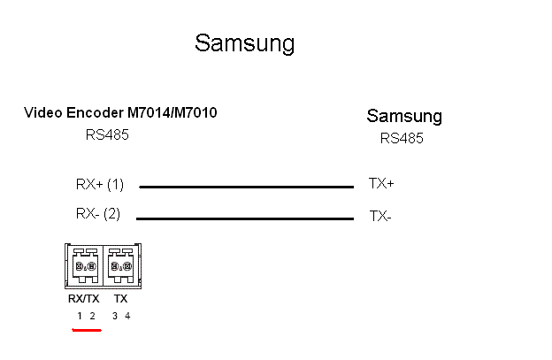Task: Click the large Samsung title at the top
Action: point(244,43)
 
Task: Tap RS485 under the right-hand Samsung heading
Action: point(402,138)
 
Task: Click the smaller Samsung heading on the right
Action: point(404,116)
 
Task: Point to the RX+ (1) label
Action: point(100,185)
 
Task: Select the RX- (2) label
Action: point(98,213)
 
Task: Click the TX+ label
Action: point(381,184)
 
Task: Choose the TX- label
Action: point(379,215)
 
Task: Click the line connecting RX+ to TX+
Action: point(246,187)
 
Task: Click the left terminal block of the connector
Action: point(85,264)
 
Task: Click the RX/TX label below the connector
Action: point(84,299)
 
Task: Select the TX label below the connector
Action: point(120,299)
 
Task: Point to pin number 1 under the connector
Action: point(79,316)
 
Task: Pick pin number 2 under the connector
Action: point(92,316)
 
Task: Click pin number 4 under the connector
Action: point(127,316)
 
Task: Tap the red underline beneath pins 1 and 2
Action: point(87,331)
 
